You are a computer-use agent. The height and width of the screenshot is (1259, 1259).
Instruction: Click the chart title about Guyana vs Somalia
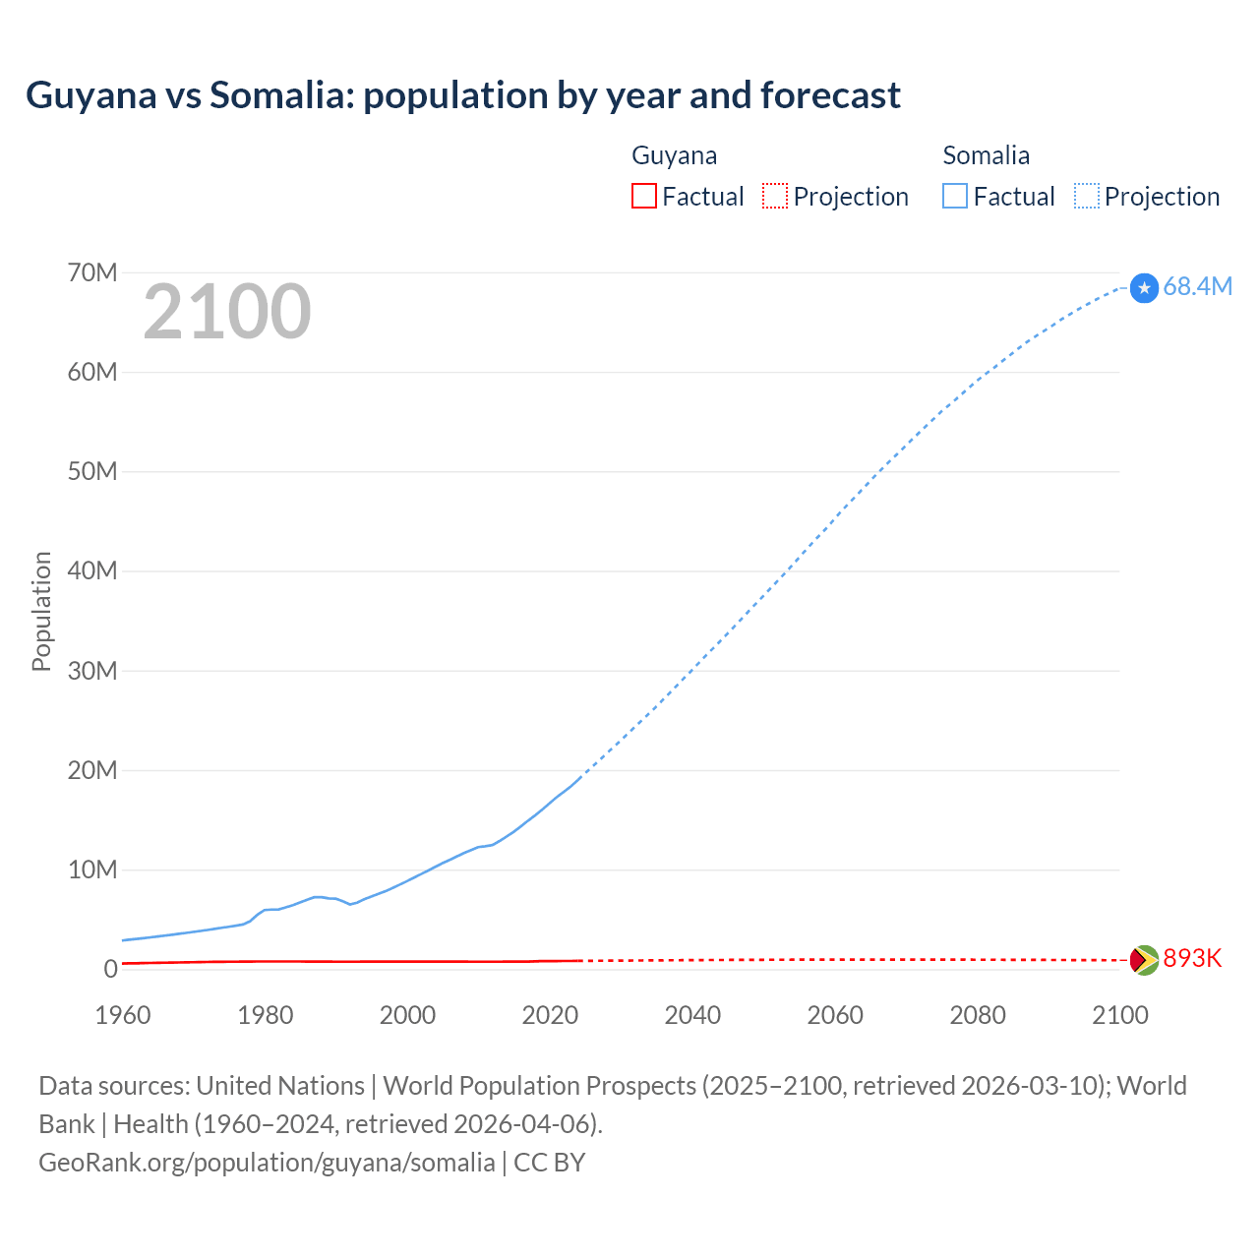point(462,95)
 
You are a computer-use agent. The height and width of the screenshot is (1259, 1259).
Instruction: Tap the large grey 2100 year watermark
point(227,312)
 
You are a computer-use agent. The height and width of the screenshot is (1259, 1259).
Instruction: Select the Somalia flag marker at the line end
point(1144,288)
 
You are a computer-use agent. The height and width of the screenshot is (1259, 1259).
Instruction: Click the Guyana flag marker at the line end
point(1144,960)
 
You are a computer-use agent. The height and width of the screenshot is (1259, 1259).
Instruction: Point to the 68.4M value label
point(1197,287)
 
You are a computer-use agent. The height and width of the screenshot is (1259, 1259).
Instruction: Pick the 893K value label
point(1192,959)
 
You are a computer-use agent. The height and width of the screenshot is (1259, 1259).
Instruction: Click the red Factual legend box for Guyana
point(644,197)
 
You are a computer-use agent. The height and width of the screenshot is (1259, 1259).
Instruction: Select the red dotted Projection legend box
point(775,197)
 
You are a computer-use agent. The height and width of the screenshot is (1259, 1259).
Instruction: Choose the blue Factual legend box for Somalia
point(955,197)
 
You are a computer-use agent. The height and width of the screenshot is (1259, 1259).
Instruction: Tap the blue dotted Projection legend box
point(1087,197)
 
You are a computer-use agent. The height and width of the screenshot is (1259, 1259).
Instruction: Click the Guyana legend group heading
point(674,155)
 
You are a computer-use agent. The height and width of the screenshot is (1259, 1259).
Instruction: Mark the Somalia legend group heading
point(986,155)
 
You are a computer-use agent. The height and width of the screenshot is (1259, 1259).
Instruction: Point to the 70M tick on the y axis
point(92,272)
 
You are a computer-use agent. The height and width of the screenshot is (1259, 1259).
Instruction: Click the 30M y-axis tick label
point(92,671)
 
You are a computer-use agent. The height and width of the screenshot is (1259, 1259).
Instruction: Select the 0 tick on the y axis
point(110,969)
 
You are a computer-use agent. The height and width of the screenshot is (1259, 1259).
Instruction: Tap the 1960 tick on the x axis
point(123,1015)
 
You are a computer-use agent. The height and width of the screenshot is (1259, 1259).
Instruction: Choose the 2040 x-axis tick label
point(692,1015)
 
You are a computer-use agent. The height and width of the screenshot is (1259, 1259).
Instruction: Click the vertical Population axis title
point(41,611)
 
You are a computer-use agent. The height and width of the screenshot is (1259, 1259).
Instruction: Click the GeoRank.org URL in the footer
point(267,1163)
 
